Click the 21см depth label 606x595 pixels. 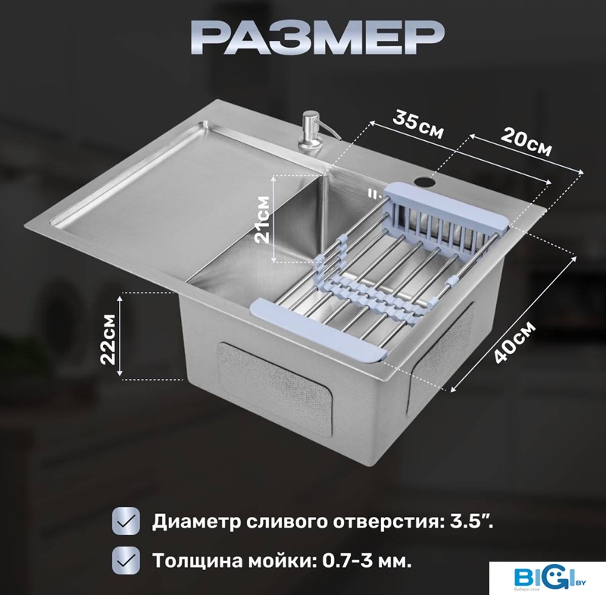point(263,219)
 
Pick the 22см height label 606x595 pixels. point(108,339)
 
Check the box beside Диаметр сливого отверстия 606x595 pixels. point(126,521)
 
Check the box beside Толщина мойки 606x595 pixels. point(126,560)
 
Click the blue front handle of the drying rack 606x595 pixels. point(319,331)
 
